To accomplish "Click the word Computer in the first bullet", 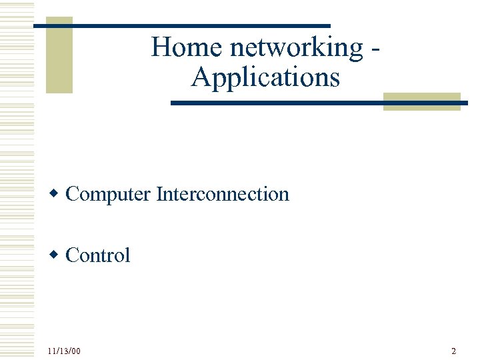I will [x=108, y=195].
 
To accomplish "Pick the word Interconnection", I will [x=223, y=194].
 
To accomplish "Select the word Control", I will [x=98, y=255].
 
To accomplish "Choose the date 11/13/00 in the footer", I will [x=64, y=351].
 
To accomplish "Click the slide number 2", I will [x=453, y=351].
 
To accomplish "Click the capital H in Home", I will [x=160, y=48].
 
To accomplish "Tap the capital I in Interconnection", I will [x=159, y=194].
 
